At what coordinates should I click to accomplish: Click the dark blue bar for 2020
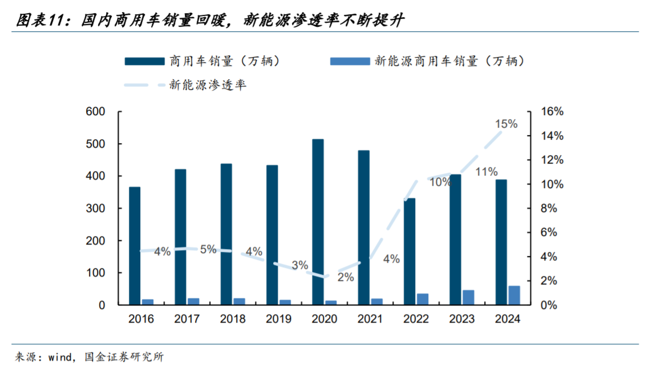pos(318,222)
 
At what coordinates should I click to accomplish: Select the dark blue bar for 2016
pos(135,246)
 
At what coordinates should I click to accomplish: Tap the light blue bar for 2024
pos(514,295)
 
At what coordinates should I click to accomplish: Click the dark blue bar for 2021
pos(364,227)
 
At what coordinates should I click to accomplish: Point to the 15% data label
pos(506,124)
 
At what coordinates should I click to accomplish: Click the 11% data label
pos(486,172)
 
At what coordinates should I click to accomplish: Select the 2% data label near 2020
pos(345,278)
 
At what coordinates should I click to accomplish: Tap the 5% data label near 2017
pos(208,249)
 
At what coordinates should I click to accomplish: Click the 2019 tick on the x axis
pos(278,319)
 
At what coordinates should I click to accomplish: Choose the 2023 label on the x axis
pos(462,319)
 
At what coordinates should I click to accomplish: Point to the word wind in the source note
pos(60,357)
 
